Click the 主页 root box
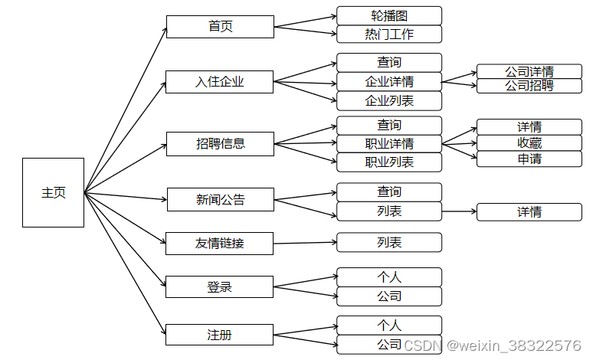pos(53,192)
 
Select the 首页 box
pos(220,27)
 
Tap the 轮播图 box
pos(389,15)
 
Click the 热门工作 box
pos(389,34)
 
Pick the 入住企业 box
pos(220,81)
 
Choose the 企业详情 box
pos(389,81)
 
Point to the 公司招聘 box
pos(529,86)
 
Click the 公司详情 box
pos(529,71)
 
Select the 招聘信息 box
pos(220,143)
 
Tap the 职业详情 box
pos(389,143)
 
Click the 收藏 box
pos(529,143)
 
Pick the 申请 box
pos(529,159)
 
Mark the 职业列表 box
pos(389,162)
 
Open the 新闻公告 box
pos(220,200)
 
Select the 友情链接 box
pos(220,244)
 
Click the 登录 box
pos(220,287)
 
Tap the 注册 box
pos(220,335)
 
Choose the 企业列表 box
pos(389,100)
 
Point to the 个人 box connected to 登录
pos(389,277)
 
